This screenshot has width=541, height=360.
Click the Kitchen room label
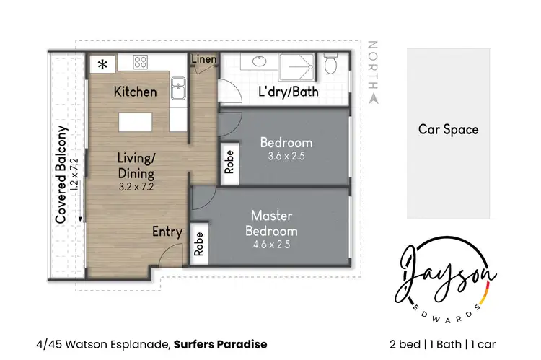pos(135,92)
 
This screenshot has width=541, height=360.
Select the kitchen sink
pos(178,89)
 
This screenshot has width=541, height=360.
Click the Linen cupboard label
pos(204,59)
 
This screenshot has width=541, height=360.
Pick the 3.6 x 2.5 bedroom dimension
pos(286,157)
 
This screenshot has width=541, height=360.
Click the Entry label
pos(167,232)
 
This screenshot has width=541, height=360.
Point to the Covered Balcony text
pos(62,174)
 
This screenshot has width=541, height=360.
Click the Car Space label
pos(448,130)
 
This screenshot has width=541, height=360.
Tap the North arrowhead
pos(373,98)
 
